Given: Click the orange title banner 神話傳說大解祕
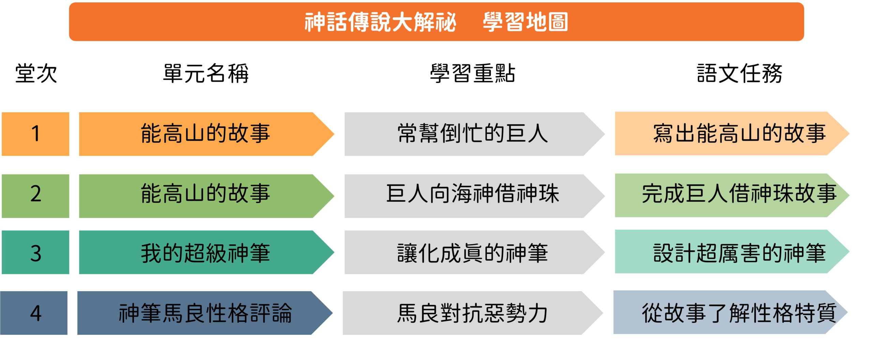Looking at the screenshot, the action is [436, 22].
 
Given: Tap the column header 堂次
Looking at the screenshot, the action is [36, 73].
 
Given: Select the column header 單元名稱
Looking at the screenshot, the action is [206, 73].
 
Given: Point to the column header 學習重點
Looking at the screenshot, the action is [472, 73].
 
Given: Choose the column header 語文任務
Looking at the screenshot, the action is [739, 73].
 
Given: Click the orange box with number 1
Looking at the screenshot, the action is [35, 134].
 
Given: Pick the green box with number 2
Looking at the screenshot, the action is [35, 196].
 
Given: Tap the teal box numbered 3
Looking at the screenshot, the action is [35, 252].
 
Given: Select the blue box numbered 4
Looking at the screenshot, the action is [34, 313].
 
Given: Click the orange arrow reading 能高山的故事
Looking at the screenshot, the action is [206, 134].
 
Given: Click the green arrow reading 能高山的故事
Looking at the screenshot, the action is [206, 196].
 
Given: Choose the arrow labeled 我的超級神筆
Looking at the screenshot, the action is [206, 252].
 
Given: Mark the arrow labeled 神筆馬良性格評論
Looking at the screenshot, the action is [205, 313].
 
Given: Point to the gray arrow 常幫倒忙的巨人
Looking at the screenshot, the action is [474, 134].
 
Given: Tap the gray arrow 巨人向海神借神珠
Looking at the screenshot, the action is [474, 196].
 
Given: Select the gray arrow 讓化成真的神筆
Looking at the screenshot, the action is [474, 252].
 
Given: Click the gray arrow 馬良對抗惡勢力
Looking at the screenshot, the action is [473, 313].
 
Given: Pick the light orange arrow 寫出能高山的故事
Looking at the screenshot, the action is [732, 133].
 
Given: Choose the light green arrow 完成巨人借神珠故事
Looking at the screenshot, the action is [732, 195].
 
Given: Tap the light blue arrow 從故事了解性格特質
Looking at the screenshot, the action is [730, 312].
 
